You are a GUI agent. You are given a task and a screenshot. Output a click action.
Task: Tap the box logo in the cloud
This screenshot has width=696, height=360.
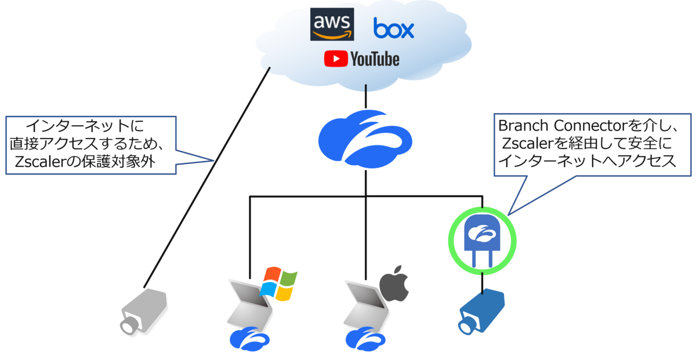(394, 28)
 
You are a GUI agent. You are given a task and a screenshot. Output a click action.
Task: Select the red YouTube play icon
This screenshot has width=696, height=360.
(336, 59)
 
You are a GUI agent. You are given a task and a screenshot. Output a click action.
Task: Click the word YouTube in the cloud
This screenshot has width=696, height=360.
(374, 59)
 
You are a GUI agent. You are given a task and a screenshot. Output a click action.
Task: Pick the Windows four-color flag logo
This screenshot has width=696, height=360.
(278, 284)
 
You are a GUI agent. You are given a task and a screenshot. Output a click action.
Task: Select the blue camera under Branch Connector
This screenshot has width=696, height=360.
(481, 312)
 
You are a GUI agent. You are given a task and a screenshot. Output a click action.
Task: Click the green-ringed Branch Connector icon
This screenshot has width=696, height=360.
(482, 239)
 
